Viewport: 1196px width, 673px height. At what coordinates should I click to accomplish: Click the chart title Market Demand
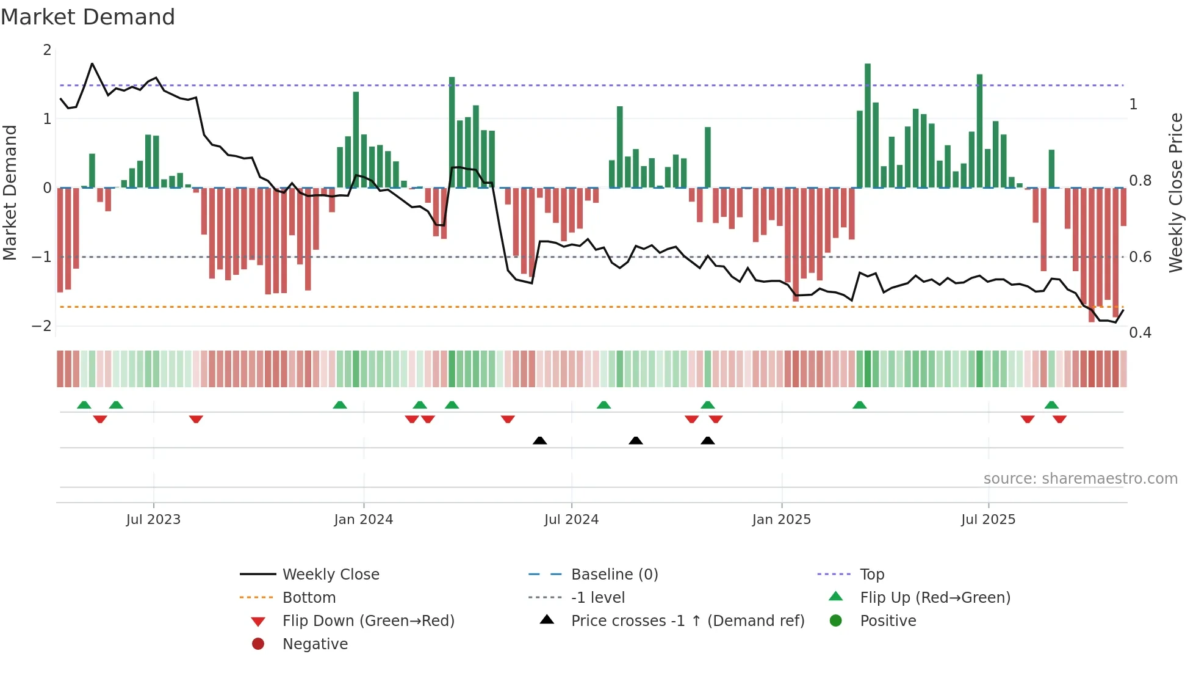pos(88,17)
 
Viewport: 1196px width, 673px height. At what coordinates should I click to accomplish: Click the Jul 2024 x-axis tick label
pos(571,520)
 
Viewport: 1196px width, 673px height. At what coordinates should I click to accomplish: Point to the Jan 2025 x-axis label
pos(781,520)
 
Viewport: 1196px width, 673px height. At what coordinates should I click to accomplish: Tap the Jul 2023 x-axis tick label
pos(153,520)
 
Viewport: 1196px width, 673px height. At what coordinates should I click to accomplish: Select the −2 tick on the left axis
pos(42,326)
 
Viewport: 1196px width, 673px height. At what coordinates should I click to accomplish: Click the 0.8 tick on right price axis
pos(1140,181)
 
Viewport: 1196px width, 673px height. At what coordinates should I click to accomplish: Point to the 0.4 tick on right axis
pos(1140,333)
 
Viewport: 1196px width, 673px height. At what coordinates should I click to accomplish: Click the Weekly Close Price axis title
pos(1175,192)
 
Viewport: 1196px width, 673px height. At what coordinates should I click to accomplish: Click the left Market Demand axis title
pos(10,192)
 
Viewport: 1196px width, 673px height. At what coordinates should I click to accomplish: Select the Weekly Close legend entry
pos(330,575)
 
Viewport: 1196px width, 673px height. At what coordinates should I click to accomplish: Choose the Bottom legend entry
pos(309,598)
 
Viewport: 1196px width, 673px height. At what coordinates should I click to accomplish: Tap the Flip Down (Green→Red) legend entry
pos(368,621)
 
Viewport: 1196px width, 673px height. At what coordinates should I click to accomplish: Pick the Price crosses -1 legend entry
pos(687,621)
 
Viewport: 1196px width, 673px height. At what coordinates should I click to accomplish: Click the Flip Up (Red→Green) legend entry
pos(935,598)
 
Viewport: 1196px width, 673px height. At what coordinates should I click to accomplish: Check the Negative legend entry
pos(315,644)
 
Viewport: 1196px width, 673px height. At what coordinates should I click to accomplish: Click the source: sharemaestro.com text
pos(1080,479)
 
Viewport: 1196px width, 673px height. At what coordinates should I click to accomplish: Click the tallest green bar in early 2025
pos(867,125)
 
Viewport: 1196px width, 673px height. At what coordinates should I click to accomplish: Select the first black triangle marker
pos(539,440)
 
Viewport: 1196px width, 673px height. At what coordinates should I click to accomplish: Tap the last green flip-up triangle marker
pos(1051,405)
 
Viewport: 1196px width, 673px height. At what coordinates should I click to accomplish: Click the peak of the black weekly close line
pos(92,64)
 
